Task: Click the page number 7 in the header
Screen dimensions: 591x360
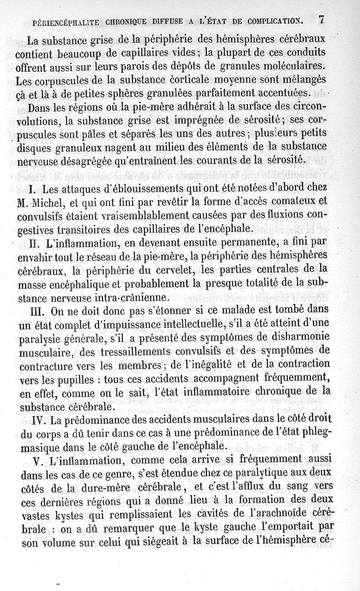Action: click(321, 19)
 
